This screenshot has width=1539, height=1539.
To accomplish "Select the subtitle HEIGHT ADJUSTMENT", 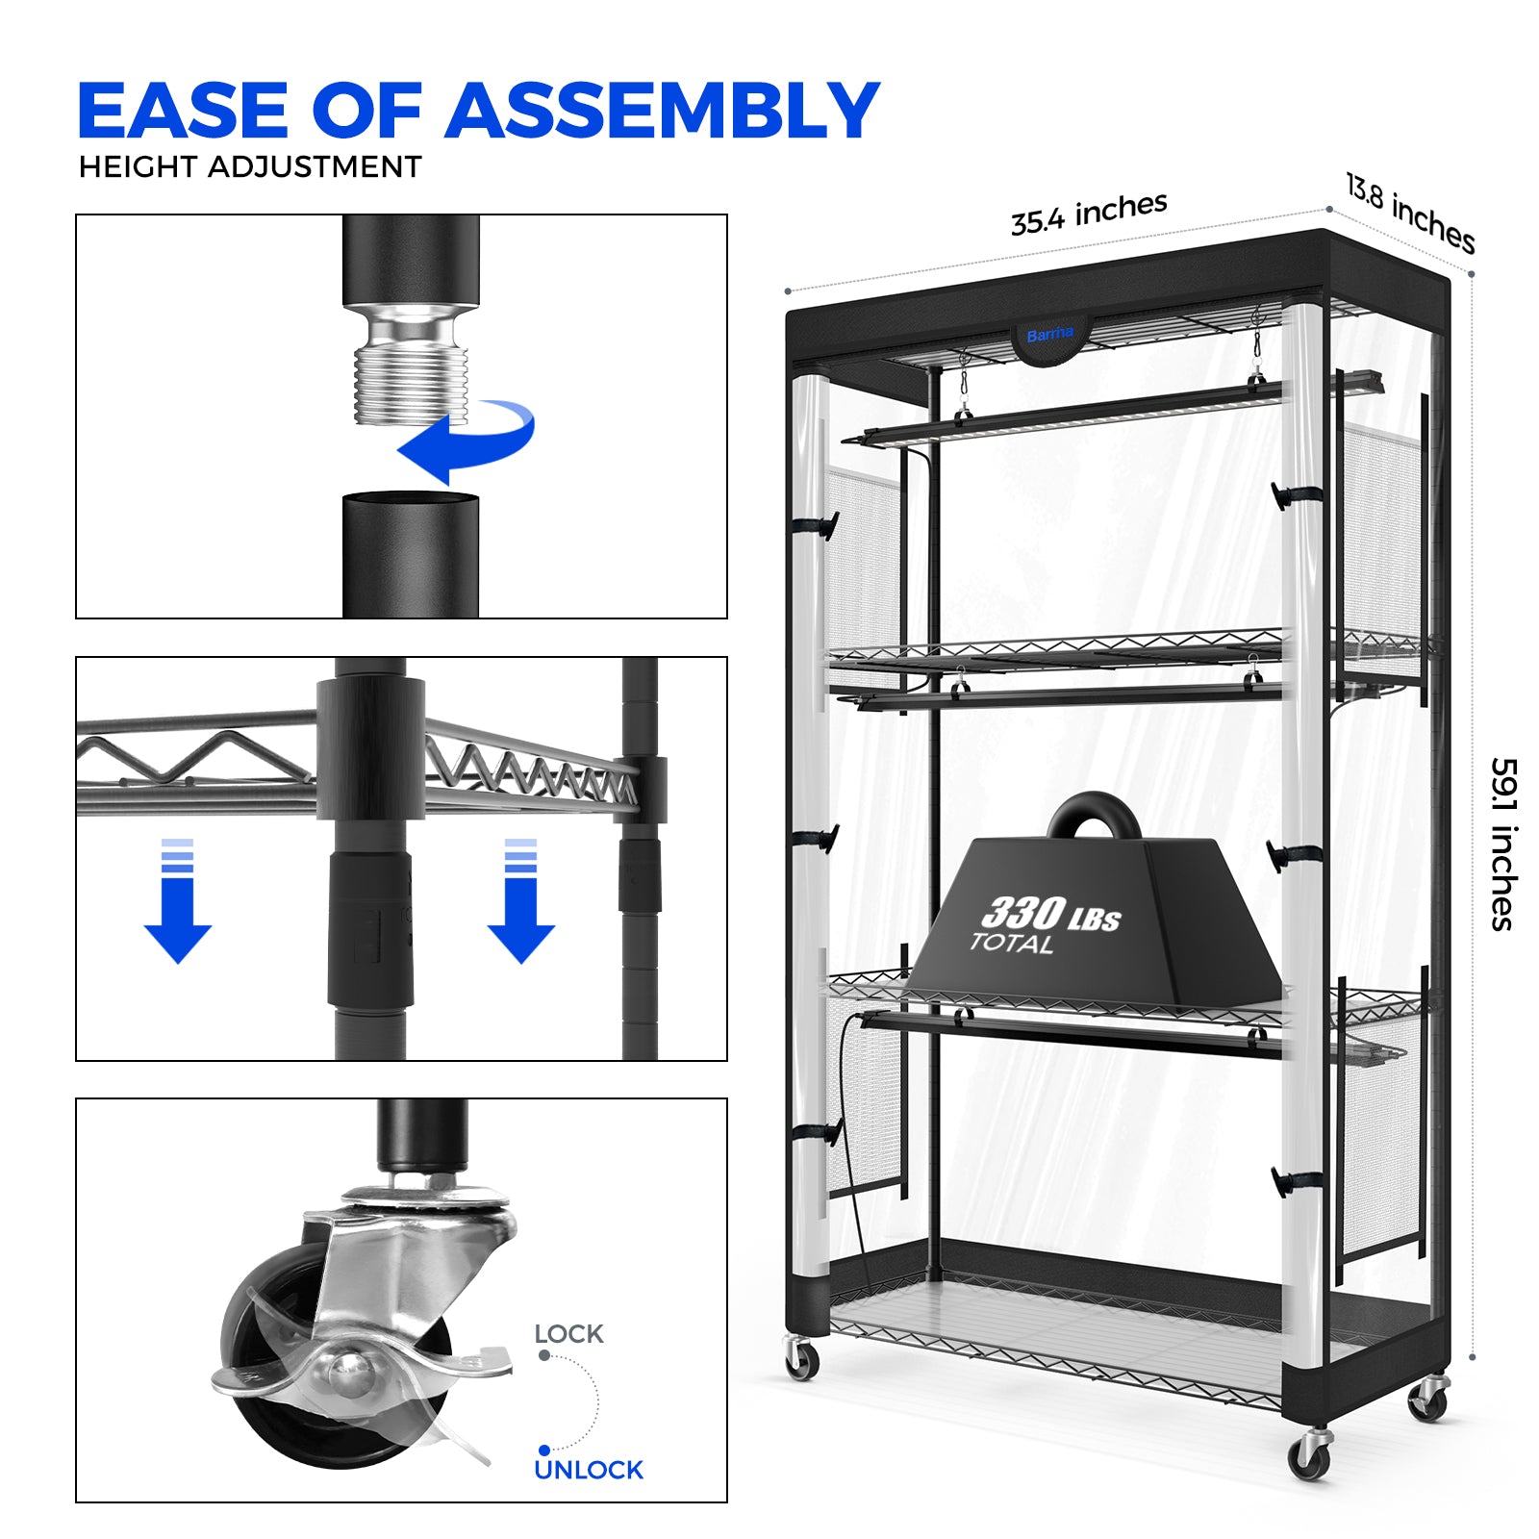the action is (x=250, y=167).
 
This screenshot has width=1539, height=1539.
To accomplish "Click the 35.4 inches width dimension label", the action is (x=1089, y=213).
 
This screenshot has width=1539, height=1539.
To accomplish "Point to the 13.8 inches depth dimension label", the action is (x=1409, y=214).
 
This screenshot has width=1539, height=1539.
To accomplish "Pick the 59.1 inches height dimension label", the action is (x=1503, y=845).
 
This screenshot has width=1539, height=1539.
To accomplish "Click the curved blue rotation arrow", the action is (x=467, y=442).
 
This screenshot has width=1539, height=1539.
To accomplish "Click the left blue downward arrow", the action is (x=178, y=900).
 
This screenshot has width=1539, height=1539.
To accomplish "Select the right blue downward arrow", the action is (x=520, y=900).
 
